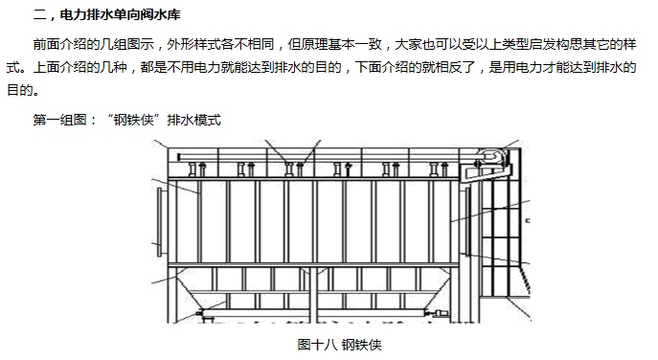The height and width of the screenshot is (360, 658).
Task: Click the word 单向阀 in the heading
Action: click(x=133, y=15)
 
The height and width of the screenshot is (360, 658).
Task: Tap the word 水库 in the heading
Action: click(x=167, y=15)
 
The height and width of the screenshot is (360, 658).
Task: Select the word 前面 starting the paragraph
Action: click(x=47, y=44)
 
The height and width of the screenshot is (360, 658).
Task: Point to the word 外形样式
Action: click(x=193, y=44)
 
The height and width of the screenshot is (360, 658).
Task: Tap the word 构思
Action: click(x=570, y=44)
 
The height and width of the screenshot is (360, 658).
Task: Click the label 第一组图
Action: click(x=59, y=120)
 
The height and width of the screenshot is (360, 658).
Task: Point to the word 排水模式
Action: click(x=193, y=120)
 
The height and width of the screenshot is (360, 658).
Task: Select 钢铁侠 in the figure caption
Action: click(x=362, y=345)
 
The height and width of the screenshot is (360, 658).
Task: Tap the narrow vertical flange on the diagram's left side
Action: click(x=159, y=222)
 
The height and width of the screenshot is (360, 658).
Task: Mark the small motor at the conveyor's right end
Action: click(x=440, y=312)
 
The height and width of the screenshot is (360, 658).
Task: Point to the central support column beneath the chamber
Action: click(x=313, y=294)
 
